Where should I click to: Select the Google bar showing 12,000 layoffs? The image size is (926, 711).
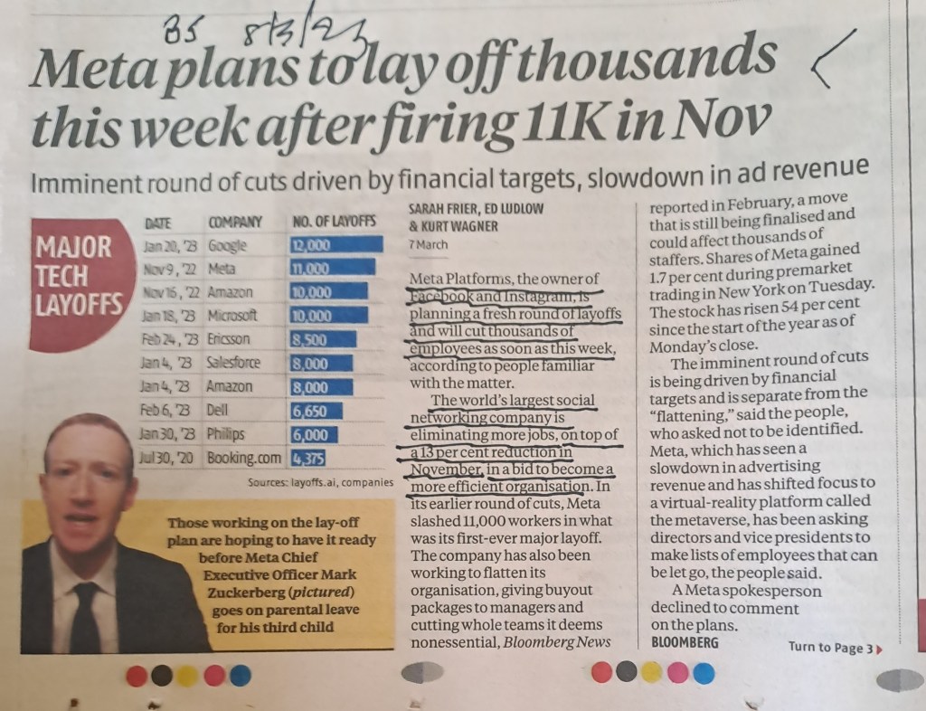tap(335, 243)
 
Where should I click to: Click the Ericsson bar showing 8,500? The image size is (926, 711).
tap(326, 339)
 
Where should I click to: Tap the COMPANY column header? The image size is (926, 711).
tap(235, 221)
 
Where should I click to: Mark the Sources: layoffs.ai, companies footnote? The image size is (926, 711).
tap(321, 482)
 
